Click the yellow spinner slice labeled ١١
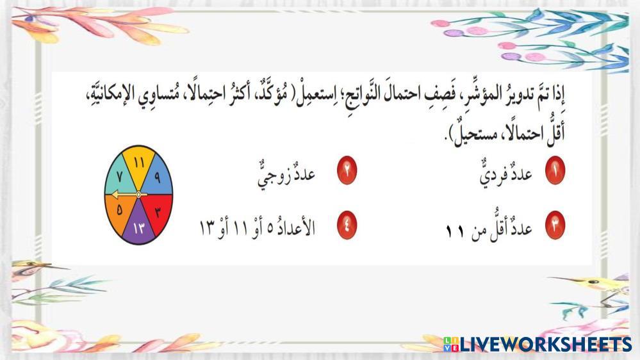[139, 165]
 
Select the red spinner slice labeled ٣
[157, 212]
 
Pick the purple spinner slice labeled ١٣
[139, 225]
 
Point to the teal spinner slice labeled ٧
[120, 177]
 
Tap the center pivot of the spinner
[139, 195]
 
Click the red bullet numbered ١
[555, 170]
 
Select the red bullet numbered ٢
[347, 170]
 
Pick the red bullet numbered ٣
[555, 225]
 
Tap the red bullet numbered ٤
[347, 225]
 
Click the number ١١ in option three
[455, 231]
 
